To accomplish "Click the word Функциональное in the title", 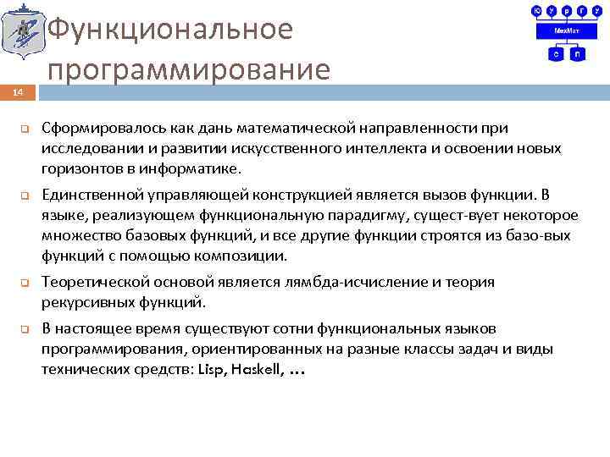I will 170,29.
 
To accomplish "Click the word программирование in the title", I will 189,69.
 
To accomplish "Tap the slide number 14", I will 18,91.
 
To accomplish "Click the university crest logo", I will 20,34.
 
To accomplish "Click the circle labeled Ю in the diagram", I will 536,10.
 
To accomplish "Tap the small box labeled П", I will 576,53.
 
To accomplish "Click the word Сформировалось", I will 93,128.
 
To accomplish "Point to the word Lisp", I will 213,370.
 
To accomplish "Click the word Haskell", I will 257,370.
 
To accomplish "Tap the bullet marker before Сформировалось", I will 25,129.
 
